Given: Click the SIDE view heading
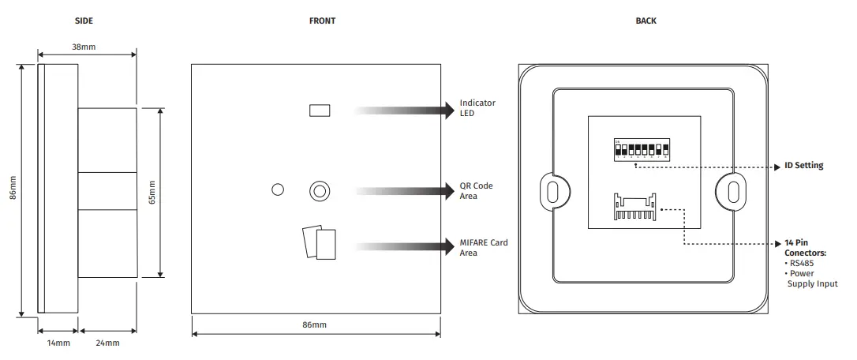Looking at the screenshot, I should (84, 21).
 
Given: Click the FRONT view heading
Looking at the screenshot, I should (322, 21).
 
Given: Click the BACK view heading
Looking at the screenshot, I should (646, 21).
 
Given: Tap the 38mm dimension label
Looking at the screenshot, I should (84, 47).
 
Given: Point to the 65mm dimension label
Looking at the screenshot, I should (152, 192).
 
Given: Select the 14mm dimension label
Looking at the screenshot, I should (58, 343).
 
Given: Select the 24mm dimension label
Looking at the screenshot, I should (107, 343).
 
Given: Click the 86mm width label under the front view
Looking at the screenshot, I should (314, 324).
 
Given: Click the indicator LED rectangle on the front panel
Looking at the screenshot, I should (320, 110).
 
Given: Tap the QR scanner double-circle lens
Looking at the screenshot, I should (320, 190).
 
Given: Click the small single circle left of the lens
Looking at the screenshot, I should (277, 189).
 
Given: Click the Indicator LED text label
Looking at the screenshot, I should (477, 108).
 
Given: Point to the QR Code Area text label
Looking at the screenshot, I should (476, 191).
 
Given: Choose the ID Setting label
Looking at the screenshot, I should (804, 166).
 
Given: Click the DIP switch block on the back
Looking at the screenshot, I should (642, 150).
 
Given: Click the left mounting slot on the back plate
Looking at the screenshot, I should (551, 191).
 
